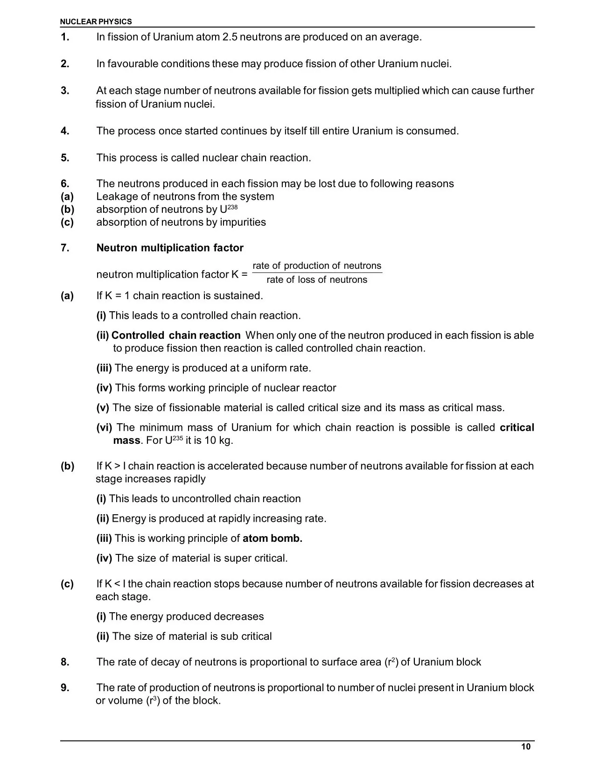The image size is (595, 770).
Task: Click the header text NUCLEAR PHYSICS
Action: pyautogui.click(x=96, y=21)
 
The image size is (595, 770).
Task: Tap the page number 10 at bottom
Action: pyautogui.click(x=525, y=747)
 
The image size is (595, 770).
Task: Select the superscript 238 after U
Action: pyautogui.click(x=232, y=206)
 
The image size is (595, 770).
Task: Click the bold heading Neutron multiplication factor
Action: pyautogui.click(x=170, y=248)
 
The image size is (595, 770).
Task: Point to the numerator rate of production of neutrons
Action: pyautogui.click(x=317, y=266)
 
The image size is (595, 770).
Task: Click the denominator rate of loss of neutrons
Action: pyautogui.click(x=317, y=280)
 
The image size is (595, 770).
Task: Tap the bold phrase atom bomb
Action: pyautogui.click(x=273, y=538)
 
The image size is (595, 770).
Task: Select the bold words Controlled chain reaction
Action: pyautogui.click(x=176, y=335)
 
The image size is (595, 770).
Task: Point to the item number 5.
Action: pyautogui.click(x=65, y=158)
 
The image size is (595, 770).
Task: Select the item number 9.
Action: pyautogui.click(x=65, y=687)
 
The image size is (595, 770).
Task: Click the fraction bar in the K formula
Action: pyautogui.click(x=317, y=273)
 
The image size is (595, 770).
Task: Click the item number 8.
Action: pyautogui.click(x=65, y=662)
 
